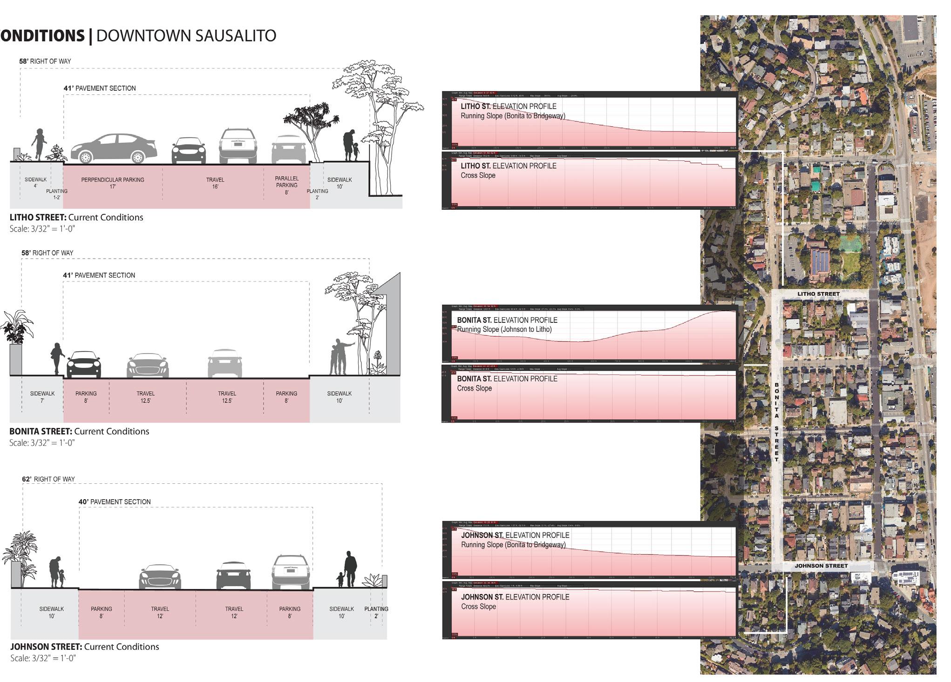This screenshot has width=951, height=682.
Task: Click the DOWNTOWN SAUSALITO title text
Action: (x=186, y=35)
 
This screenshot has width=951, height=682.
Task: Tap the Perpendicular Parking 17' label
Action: (x=113, y=183)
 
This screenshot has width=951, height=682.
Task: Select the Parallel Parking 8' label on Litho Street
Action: (x=286, y=185)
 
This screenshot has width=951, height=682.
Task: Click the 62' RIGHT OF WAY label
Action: (x=48, y=479)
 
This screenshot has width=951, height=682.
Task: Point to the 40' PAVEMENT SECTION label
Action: (x=115, y=502)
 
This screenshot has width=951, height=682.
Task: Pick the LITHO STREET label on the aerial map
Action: (x=818, y=294)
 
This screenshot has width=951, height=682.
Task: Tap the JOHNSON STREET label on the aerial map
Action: (x=821, y=566)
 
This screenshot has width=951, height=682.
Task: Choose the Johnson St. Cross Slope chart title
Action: (x=515, y=602)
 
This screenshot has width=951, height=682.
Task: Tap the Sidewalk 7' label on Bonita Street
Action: (x=42, y=397)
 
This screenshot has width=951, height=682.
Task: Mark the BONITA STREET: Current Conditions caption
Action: (x=79, y=431)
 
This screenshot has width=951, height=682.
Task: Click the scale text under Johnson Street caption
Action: (x=43, y=658)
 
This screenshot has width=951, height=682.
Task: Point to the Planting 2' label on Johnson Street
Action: (x=376, y=612)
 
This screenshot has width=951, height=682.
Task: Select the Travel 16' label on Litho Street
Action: (x=215, y=183)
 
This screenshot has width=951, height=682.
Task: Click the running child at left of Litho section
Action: (x=39, y=144)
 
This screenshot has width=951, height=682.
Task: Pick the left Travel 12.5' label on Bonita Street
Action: (x=146, y=397)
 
